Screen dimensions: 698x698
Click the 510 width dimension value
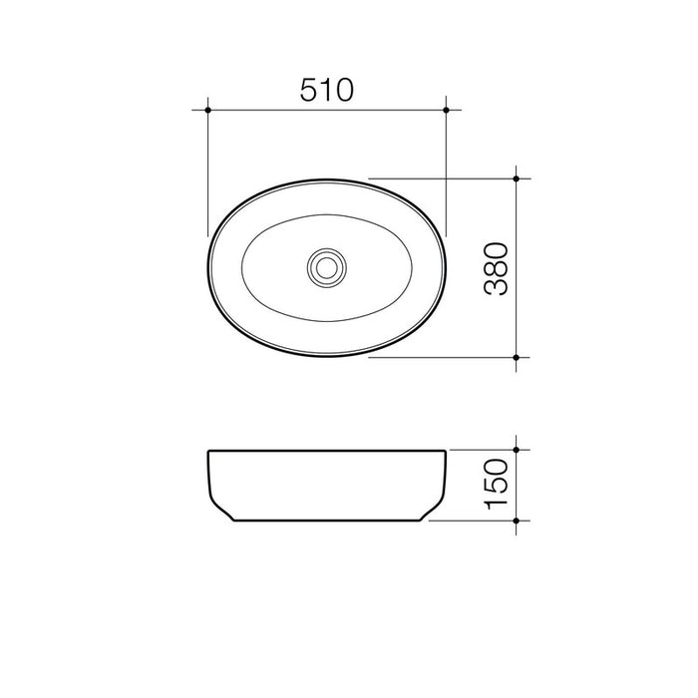(x=327, y=91)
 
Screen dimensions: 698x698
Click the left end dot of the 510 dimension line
(x=206, y=109)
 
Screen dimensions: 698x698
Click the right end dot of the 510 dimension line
(x=447, y=109)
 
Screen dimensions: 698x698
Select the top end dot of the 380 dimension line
(x=517, y=178)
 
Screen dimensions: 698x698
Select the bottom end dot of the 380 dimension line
(x=517, y=356)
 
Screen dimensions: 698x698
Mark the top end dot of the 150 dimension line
(x=517, y=450)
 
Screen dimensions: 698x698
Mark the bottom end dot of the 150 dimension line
(x=517, y=521)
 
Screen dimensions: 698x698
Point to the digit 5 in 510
(x=308, y=91)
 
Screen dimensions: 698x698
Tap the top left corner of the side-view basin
(x=207, y=452)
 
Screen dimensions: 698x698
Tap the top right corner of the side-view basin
(x=446, y=452)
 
